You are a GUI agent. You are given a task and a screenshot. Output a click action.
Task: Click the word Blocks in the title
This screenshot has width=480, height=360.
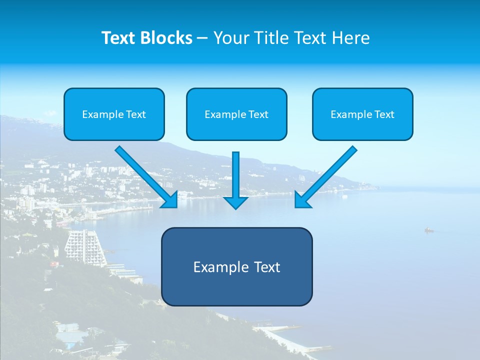(x=165, y=38)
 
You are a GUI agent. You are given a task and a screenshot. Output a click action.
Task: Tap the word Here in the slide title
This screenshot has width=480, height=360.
(x=351, y=38)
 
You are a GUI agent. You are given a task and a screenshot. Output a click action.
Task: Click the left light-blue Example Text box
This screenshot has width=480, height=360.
(x=114, y=114)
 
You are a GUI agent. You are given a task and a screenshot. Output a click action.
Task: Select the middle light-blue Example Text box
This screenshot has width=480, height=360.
(x=236, y=114)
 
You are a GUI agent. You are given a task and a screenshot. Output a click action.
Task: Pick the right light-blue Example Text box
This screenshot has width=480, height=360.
(x=362, y=114)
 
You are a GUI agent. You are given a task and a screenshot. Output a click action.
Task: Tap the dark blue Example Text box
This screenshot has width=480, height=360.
(x=236, y=266)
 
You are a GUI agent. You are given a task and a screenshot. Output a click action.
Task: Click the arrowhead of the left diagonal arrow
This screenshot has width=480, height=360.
(x=170, y=200)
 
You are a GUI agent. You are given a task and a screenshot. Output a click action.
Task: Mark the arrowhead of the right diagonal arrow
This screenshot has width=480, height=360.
(x=302, y=200)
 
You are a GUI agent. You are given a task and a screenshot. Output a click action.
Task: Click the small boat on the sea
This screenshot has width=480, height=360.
(x=428, y=230)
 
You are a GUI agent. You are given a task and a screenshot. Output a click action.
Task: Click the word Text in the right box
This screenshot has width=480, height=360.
(x=383, y=114)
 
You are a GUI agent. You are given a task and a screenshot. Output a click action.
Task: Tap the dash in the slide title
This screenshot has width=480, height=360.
(x=202, y=38)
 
